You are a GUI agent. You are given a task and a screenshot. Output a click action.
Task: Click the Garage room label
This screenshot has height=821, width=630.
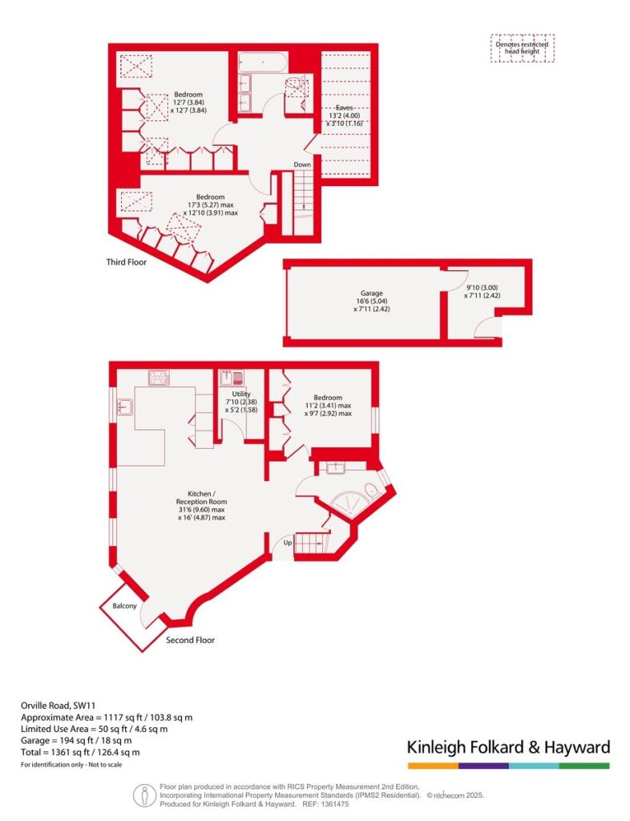click(372, 293)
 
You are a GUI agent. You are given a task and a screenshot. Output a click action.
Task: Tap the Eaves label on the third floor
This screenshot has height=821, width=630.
click(345, 107)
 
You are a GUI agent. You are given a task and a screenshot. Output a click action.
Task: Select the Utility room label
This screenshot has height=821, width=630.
click(241, 394)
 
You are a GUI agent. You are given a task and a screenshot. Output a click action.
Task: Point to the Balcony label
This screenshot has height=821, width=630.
click(124, 606)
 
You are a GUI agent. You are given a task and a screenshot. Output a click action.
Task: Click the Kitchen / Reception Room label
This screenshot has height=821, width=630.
click(201, 497)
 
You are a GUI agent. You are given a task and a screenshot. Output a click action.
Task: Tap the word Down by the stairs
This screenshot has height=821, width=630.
click(302, 164)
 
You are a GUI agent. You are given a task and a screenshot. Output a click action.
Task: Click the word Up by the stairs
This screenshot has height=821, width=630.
click(288, 543)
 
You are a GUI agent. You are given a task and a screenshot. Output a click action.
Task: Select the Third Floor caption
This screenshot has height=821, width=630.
click(127, 262)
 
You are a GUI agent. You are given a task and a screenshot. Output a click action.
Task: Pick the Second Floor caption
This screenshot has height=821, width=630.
click(191, 640)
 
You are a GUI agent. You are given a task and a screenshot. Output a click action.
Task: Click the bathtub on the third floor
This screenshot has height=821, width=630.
click(262, 63)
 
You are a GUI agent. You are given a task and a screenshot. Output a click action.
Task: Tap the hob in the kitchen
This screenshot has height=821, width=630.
click(159, 378)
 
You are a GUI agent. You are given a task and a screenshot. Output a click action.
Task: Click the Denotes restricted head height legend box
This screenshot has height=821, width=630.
click(523, 48)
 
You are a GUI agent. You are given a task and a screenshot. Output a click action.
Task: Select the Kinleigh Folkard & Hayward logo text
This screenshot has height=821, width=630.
click(509, 746)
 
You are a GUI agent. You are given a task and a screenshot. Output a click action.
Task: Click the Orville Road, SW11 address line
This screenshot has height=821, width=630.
click(58, 706)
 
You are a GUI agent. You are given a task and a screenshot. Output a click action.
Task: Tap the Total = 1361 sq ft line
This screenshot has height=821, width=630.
click(80, 752)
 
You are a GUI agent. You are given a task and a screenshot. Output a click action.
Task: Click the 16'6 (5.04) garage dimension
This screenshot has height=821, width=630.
click(372, 301)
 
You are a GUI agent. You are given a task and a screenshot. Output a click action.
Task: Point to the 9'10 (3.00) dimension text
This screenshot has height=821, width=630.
click(482, 288)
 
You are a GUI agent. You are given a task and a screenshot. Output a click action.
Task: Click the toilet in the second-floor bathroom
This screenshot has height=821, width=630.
click(372, 491)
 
